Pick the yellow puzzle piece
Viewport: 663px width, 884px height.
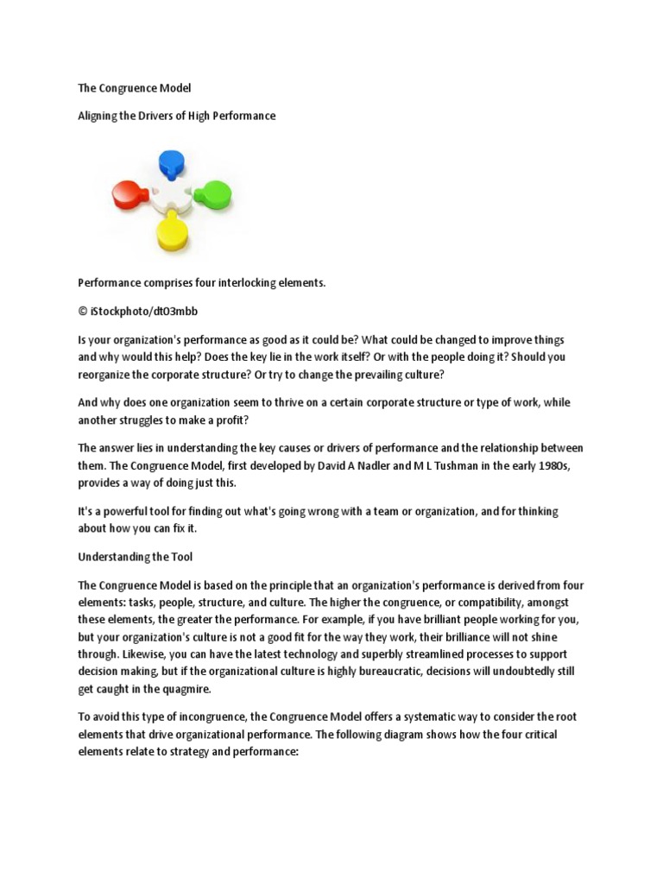[x=171, y=231]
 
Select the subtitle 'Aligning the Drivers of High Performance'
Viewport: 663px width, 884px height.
[x=177, y=115]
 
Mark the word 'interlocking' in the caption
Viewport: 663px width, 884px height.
[x=233, y=282]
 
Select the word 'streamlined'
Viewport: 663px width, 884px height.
[x=405, y=654]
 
